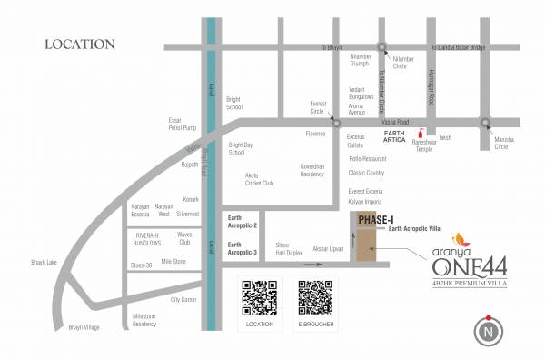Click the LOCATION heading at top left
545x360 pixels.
pos(80,44)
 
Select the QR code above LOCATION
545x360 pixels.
pos(259,297)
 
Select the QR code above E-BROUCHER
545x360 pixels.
pos(315,297)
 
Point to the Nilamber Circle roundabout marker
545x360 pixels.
pos(382,48)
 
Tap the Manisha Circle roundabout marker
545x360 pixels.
pos(486,121)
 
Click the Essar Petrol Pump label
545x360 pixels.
pos(182,124)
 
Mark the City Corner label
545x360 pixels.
pos(183,299)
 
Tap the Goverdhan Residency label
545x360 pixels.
pos(312,170)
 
